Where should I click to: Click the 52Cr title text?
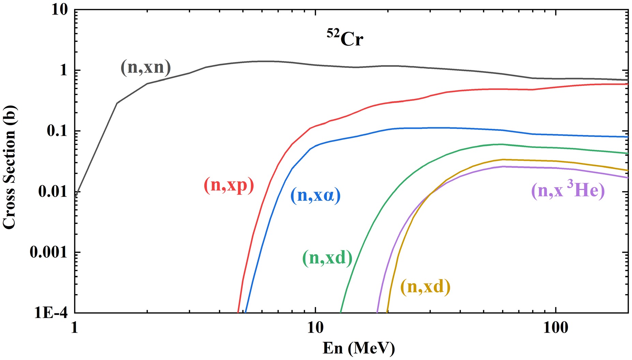345,37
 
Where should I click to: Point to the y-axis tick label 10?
60,10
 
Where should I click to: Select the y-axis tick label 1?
64,71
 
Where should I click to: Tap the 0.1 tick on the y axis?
57,131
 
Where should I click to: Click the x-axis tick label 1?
74,328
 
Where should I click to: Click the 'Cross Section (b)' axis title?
9,167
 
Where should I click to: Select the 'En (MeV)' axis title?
358,348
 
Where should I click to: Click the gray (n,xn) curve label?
146,67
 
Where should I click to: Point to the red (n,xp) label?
229,185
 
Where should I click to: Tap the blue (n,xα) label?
315,195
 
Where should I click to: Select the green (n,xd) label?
327,258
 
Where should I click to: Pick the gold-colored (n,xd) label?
425,287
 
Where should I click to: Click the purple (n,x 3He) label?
568,190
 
